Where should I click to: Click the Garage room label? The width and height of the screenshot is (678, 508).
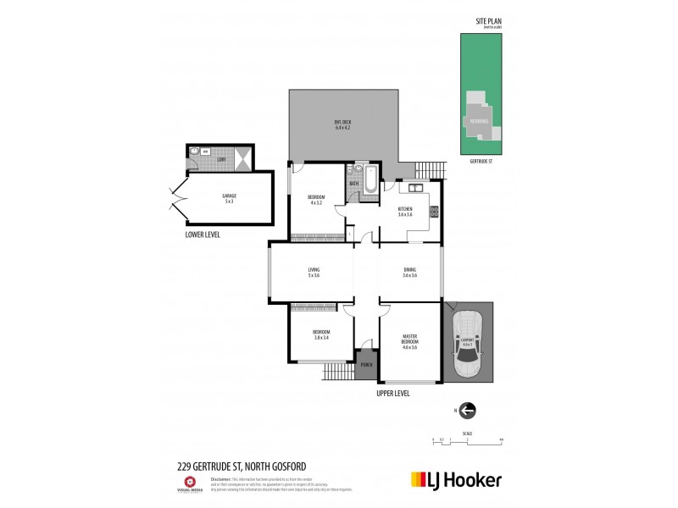230,199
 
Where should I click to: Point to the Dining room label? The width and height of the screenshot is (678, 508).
410,273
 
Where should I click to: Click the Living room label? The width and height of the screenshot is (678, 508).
313,273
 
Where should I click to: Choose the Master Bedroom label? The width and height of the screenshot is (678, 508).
410,340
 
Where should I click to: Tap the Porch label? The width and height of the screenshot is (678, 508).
367,364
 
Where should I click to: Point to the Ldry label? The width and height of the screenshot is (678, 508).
220,158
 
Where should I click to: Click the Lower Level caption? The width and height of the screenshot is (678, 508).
203,235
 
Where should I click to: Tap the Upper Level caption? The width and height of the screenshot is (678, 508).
394,395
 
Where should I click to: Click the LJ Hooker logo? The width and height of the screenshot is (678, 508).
456,479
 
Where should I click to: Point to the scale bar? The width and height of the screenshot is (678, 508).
468,440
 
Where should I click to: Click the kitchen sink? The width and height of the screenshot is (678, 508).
417,187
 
